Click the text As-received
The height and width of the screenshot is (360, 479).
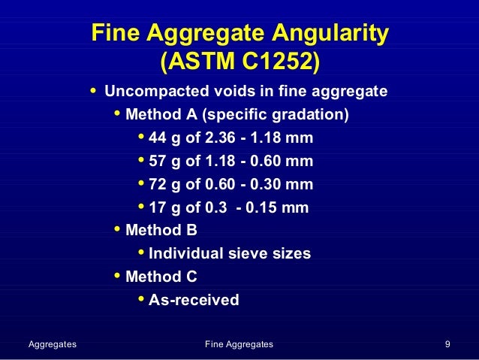(x=194, y=300)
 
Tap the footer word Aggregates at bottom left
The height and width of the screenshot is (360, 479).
(x=52, y=344)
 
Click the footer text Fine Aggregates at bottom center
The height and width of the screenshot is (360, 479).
(x=239, y=344)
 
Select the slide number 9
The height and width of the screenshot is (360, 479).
(x=447, y=344)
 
